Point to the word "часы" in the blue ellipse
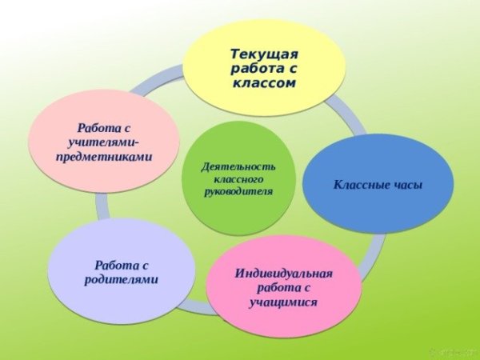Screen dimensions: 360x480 pos(403,186)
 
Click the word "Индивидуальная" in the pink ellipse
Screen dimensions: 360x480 pos(283,274)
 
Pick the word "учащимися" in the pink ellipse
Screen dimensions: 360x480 pos(283,302)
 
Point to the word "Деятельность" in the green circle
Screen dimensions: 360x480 pos(239,166)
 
